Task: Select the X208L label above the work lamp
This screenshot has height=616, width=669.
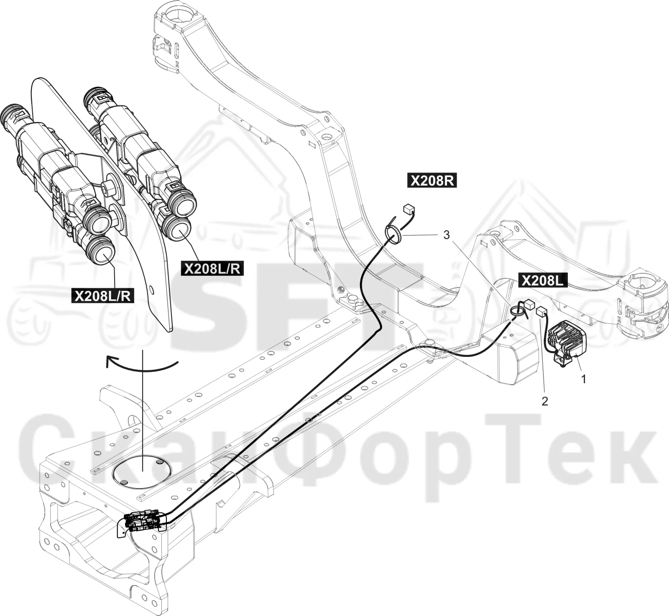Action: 543,280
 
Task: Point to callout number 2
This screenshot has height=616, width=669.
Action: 544,402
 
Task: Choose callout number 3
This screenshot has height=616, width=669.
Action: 447,235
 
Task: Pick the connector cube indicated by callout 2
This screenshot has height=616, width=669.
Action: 541,311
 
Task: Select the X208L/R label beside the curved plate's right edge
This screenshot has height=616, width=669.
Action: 212,268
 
